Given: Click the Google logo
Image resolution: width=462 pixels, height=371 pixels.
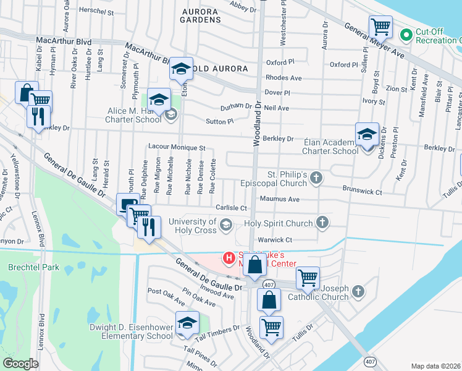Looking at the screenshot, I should pos(20,363).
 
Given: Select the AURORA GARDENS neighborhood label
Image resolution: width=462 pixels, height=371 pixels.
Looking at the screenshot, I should pos(200,15).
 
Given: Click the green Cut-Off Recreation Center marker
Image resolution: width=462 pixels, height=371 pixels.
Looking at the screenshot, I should pos(406,35).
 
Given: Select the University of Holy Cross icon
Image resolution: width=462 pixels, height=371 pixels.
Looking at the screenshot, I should pos(225,226).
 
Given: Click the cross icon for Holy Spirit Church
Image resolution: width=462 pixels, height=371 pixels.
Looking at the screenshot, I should pos(321,222).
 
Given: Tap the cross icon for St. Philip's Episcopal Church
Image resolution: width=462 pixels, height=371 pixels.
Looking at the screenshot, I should pos(316,178).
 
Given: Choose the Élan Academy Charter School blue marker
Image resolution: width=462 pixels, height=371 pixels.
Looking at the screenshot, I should pos(367,134).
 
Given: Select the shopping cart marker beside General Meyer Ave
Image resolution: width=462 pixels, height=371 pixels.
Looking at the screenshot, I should pos(380,27).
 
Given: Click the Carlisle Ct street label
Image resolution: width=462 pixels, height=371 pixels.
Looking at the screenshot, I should pos(231,208).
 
